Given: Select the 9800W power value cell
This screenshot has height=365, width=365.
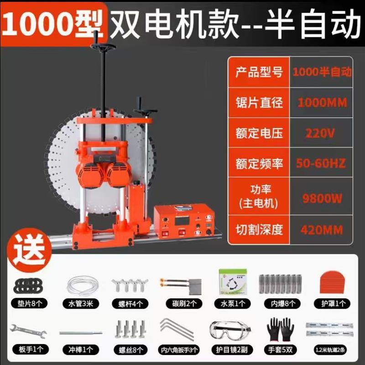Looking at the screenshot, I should pos(319,197).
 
